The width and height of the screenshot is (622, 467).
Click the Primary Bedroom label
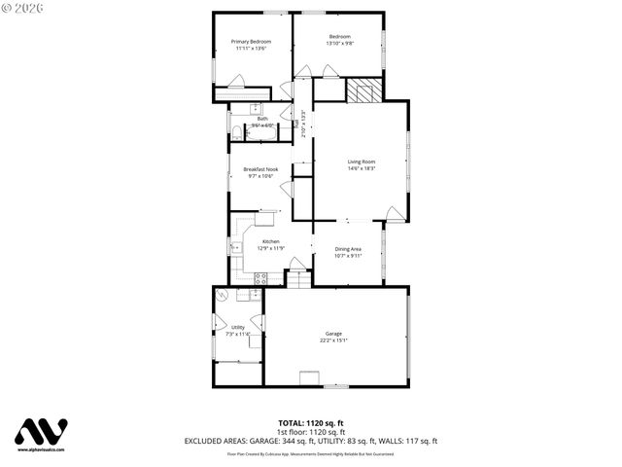(251, 42)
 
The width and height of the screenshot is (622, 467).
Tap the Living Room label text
(362, 162)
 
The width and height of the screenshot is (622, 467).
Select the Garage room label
(333, 334)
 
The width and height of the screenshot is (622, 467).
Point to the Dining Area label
(348, 250)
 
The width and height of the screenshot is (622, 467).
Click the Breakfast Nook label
(259, 169)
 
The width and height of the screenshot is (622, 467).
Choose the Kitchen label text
(270, 241)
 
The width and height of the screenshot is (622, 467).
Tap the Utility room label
(238, 328)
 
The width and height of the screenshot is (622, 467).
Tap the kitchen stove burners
(260, 277)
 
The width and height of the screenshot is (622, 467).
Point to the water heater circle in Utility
(223, 296)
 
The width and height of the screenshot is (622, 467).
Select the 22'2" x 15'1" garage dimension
(333, 341)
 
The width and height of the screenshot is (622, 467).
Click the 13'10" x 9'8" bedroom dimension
(340, 44)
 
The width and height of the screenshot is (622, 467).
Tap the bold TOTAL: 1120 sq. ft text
(311, 423)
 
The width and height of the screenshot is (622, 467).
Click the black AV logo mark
(42, 432)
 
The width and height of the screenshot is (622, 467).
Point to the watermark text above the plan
(30, 7)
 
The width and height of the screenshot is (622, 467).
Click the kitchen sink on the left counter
(235, 248)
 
